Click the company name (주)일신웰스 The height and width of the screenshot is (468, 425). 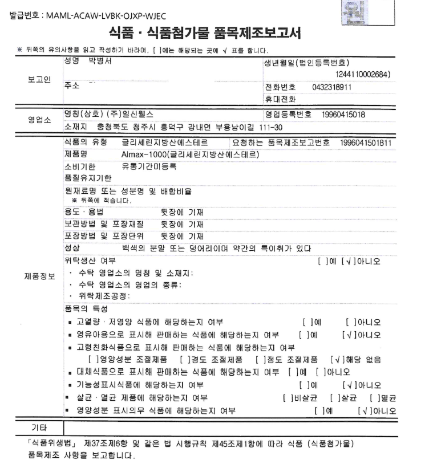coord(133,114)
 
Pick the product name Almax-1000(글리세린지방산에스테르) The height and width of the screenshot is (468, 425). coord(191,154)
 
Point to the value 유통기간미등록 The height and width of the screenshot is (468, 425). coord(149,166)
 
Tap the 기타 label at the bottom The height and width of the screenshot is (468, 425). coord(38,427)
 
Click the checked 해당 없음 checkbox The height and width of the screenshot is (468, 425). coord(337,360)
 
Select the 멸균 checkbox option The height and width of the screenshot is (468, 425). coord(375,397)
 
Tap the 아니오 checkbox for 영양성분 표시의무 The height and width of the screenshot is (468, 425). coord(363,410)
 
